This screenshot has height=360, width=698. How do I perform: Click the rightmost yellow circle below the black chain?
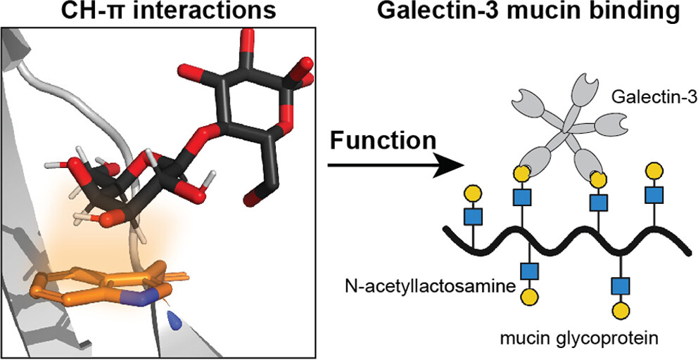point(621,309)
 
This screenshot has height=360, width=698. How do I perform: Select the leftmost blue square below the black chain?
point(528,270)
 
